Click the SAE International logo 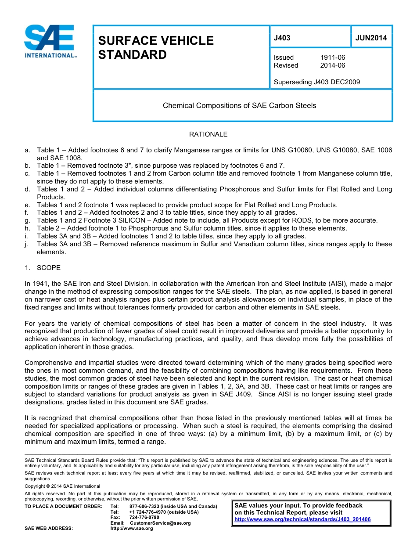50,41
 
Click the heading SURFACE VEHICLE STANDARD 155,47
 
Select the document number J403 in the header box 282,38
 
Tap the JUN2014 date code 371,38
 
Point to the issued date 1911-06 332,58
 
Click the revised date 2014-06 332,65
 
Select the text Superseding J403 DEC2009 316,82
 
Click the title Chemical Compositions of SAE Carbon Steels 239,105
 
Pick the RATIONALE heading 208,134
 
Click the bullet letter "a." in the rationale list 28,150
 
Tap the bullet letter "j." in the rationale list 27,244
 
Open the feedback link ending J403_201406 302,519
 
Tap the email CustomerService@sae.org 160,523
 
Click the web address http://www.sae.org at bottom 132,528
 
